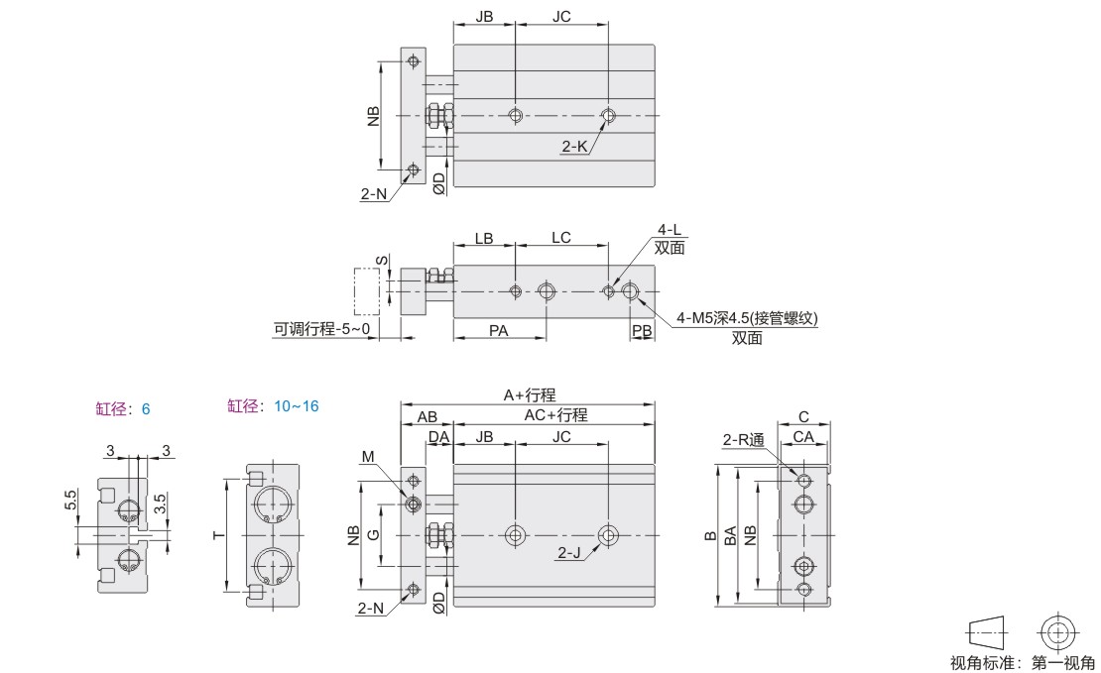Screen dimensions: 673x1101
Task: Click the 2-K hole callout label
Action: [x=574, y=147]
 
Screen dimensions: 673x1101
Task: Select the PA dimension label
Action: [x=499, y=331]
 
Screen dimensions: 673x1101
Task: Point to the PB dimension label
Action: [x=642, y=331]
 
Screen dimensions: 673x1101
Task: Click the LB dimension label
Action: [x=484, y=239]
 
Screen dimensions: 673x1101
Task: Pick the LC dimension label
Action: [x=560, y=239]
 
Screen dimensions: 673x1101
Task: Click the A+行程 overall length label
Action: [x=528, y=394]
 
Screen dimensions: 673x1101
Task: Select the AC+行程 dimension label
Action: [x=555, y=415]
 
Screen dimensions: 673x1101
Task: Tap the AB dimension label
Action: [x=427, y=416]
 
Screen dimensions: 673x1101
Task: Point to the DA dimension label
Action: [x=438, y=437]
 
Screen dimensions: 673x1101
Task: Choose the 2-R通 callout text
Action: [x=743, y=439]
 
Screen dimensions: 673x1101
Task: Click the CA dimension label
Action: [x=803, y=437]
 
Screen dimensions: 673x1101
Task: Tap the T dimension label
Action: [x=217, y=535]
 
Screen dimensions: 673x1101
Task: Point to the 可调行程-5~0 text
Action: [x=317, y=328]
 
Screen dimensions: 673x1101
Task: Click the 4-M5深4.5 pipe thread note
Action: [x=746, y=318]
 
